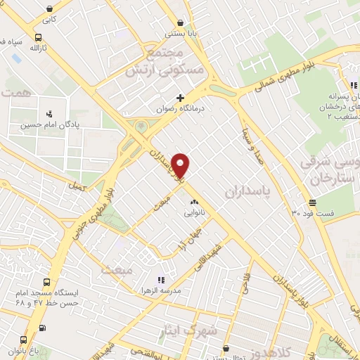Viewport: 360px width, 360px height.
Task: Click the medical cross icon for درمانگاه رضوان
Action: (181, 98)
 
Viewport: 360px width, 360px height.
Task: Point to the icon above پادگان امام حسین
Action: (49, 112)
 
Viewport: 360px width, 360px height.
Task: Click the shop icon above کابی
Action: (49, 8)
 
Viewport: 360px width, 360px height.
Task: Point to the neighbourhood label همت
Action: (13, 92)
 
